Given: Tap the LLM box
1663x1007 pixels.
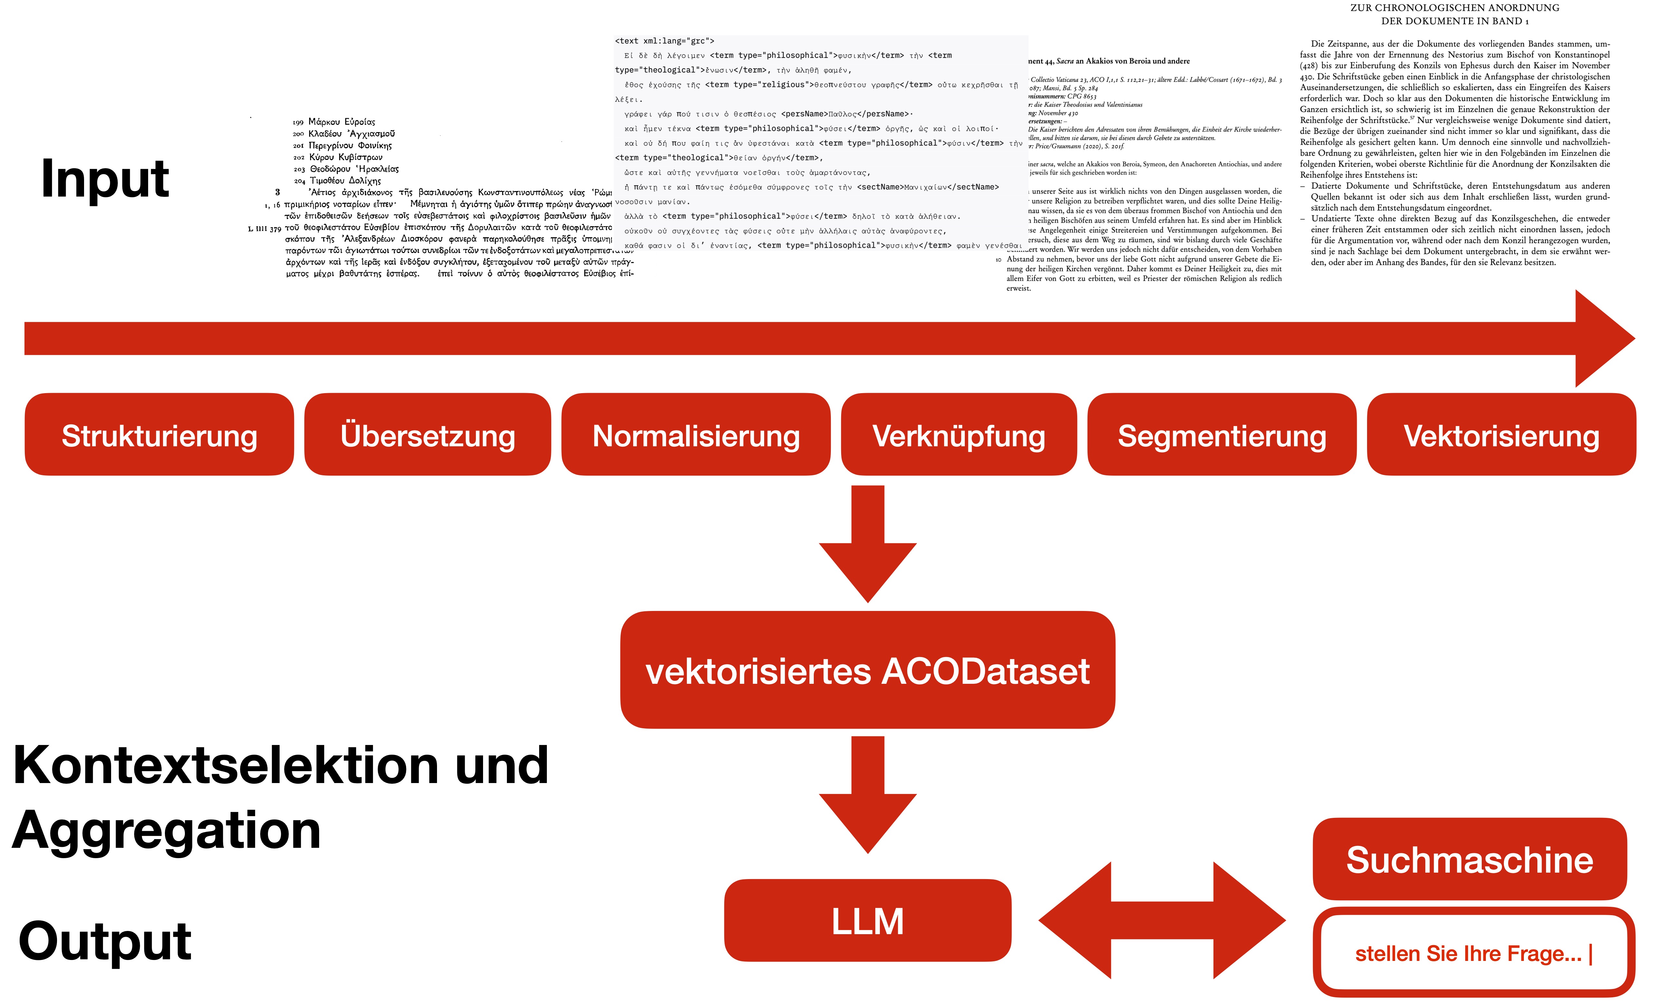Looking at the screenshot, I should (x=867, y=921).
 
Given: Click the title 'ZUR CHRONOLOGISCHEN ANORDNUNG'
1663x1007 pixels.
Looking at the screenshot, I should (x=1454, y=8).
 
